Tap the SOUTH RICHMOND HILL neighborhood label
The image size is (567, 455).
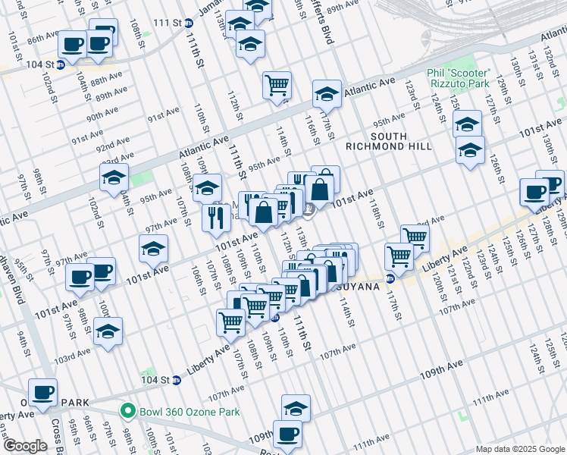pos(388,146)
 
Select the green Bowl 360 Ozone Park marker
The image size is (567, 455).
pos(127,412)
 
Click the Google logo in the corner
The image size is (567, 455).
pos(25,446)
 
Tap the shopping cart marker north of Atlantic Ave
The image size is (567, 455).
pos(277,85)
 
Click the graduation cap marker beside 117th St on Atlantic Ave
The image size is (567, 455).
pos(327,94)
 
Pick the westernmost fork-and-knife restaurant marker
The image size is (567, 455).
pos(216,218)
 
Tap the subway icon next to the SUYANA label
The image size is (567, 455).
pos(390,278)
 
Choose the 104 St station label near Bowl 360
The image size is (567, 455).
pos(152,380)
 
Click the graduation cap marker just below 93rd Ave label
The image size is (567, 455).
pos(114,178)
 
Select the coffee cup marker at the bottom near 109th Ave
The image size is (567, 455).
pos(287,435)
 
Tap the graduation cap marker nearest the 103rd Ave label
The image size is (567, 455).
pos(108,332)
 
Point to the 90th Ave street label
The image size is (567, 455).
pos(102,115)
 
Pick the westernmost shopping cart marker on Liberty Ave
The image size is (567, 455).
pos(231,322)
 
